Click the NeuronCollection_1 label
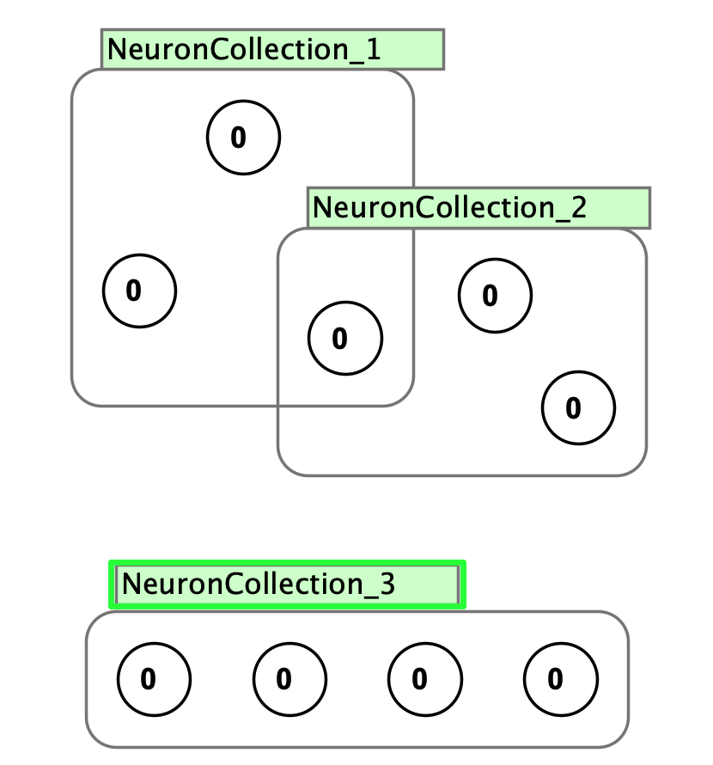click(271, 50)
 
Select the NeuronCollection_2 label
click(478, 208)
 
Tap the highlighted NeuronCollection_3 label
click(287, 584)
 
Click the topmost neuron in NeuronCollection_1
click(243, 138)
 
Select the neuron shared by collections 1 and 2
click(344, 338)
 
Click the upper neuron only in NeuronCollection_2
click(495, 296)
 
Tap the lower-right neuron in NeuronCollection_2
click(578, 407)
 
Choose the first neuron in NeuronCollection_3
click(154, 680)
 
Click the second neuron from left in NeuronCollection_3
click(289, 680)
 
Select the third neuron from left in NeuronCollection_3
click(424, 680)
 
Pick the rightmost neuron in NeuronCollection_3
click(561, 680)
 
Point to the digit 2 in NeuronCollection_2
click(577, 208)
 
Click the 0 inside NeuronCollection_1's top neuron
click(238, 138)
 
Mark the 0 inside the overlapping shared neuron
click(339, 339)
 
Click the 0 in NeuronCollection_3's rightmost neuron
click(556, 680)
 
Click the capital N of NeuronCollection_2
click(321, 208)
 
